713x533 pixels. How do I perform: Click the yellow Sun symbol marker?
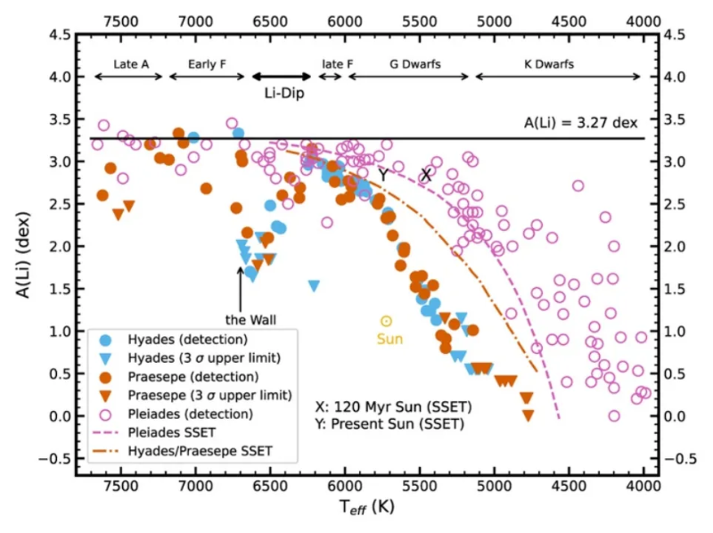pos(386,321)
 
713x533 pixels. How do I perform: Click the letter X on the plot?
pos(426,176)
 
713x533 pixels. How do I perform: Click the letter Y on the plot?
pos(383,176)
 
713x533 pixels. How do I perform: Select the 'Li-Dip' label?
pos(282,92)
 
